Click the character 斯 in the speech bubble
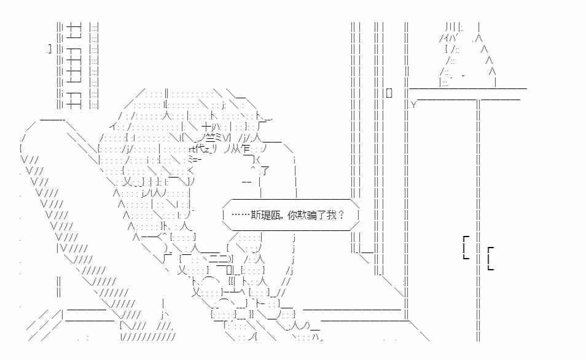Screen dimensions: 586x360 pyautogui.click(x=256, y=215)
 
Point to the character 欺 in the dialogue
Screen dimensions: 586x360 pyautogui.click(x=302, y=215)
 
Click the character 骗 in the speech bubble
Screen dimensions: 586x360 pyautogui.click(x=312, y=215)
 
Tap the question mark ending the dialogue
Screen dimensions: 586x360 pyautogui.click(x=340, y=215)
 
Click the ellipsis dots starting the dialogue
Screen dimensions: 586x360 pyautogui.click(x=241, y=215)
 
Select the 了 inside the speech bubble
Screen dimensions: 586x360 pyautogui.click(x=322, y=215)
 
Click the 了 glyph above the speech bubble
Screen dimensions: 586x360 pyautogui.click(x=264, y=171)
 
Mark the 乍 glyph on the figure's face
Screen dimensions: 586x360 pyautogui.click(x=246, y=149)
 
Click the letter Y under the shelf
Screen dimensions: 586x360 pyautogui.click(x=413, y=104)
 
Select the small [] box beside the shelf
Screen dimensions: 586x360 pyautogui.click(x=389, y=93)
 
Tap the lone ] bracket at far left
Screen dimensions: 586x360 pyautogui.click(x=50, y=49)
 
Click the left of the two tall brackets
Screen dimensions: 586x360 pyautogui.click(x=466, y=248)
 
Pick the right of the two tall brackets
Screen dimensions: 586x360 pyautogui.click(x=491, y=258)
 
